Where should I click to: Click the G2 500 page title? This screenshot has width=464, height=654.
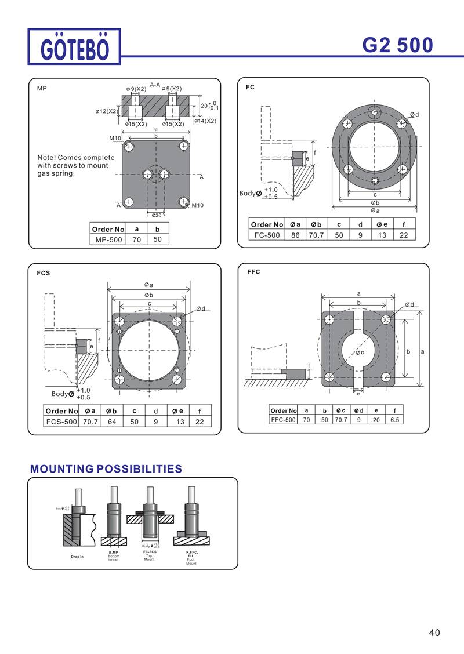click(397, 45)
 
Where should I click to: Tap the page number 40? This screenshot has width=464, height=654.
click(435, 633)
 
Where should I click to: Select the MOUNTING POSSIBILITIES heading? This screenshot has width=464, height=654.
click(106, 468)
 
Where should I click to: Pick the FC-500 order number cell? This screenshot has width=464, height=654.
click(267, 235)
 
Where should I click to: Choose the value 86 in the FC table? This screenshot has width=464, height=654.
click(295, 235)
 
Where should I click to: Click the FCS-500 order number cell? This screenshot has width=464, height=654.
click(61, 422)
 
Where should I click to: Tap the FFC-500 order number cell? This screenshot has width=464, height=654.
click(283, 419)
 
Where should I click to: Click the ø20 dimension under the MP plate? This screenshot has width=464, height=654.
click(156, 215)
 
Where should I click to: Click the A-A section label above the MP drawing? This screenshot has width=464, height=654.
click(155, 85)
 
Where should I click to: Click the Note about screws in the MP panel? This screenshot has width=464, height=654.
click(75, 165)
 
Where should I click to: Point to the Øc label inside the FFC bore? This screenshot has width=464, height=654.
click(360, 352)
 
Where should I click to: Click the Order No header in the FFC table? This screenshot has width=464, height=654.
click(283, 410)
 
